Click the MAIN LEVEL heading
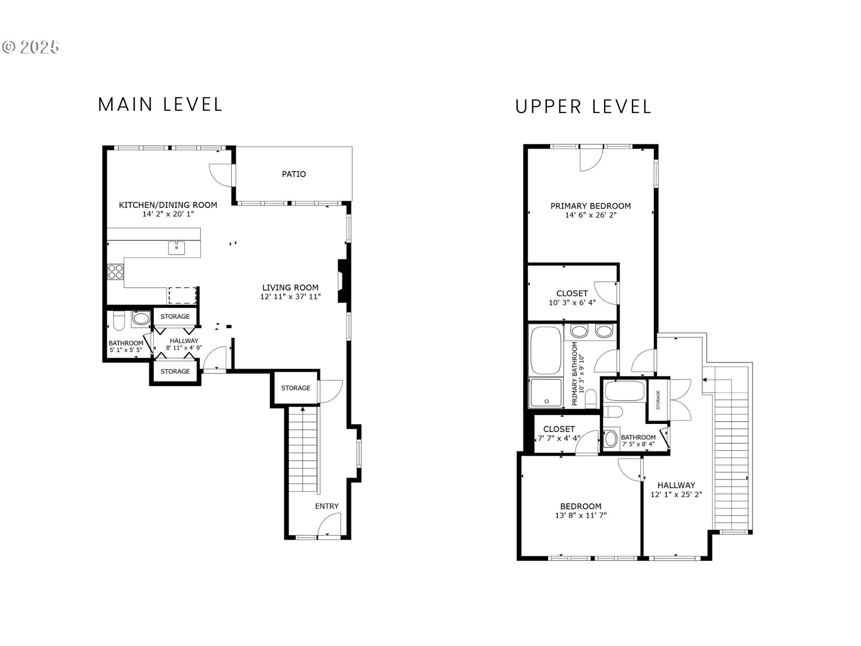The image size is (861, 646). tap(160, 105)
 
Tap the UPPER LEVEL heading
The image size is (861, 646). tap(583, 107)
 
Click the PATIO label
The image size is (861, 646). tap(294, 174)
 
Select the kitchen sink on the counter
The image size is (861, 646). tap(176, 248)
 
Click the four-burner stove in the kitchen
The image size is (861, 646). tap(116, 272)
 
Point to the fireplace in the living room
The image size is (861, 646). tap(343, 282)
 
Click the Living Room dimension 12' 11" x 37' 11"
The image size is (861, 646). tap(290, 297)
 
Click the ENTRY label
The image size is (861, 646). tap(326, 506)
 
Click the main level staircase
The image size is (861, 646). tap(303, 449)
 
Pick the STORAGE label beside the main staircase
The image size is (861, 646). tap(296, 388)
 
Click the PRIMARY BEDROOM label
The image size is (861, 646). tap(590, 206)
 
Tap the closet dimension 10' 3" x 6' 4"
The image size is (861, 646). tap(572, 303)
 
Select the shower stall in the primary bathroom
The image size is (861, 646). tap(545, 393)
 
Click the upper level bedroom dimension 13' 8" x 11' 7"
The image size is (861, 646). tap(580, 515)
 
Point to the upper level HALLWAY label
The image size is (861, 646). tap(676, 485)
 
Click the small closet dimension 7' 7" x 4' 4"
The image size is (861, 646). tap(559, 438)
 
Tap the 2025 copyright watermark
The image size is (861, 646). tap(31, 47)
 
